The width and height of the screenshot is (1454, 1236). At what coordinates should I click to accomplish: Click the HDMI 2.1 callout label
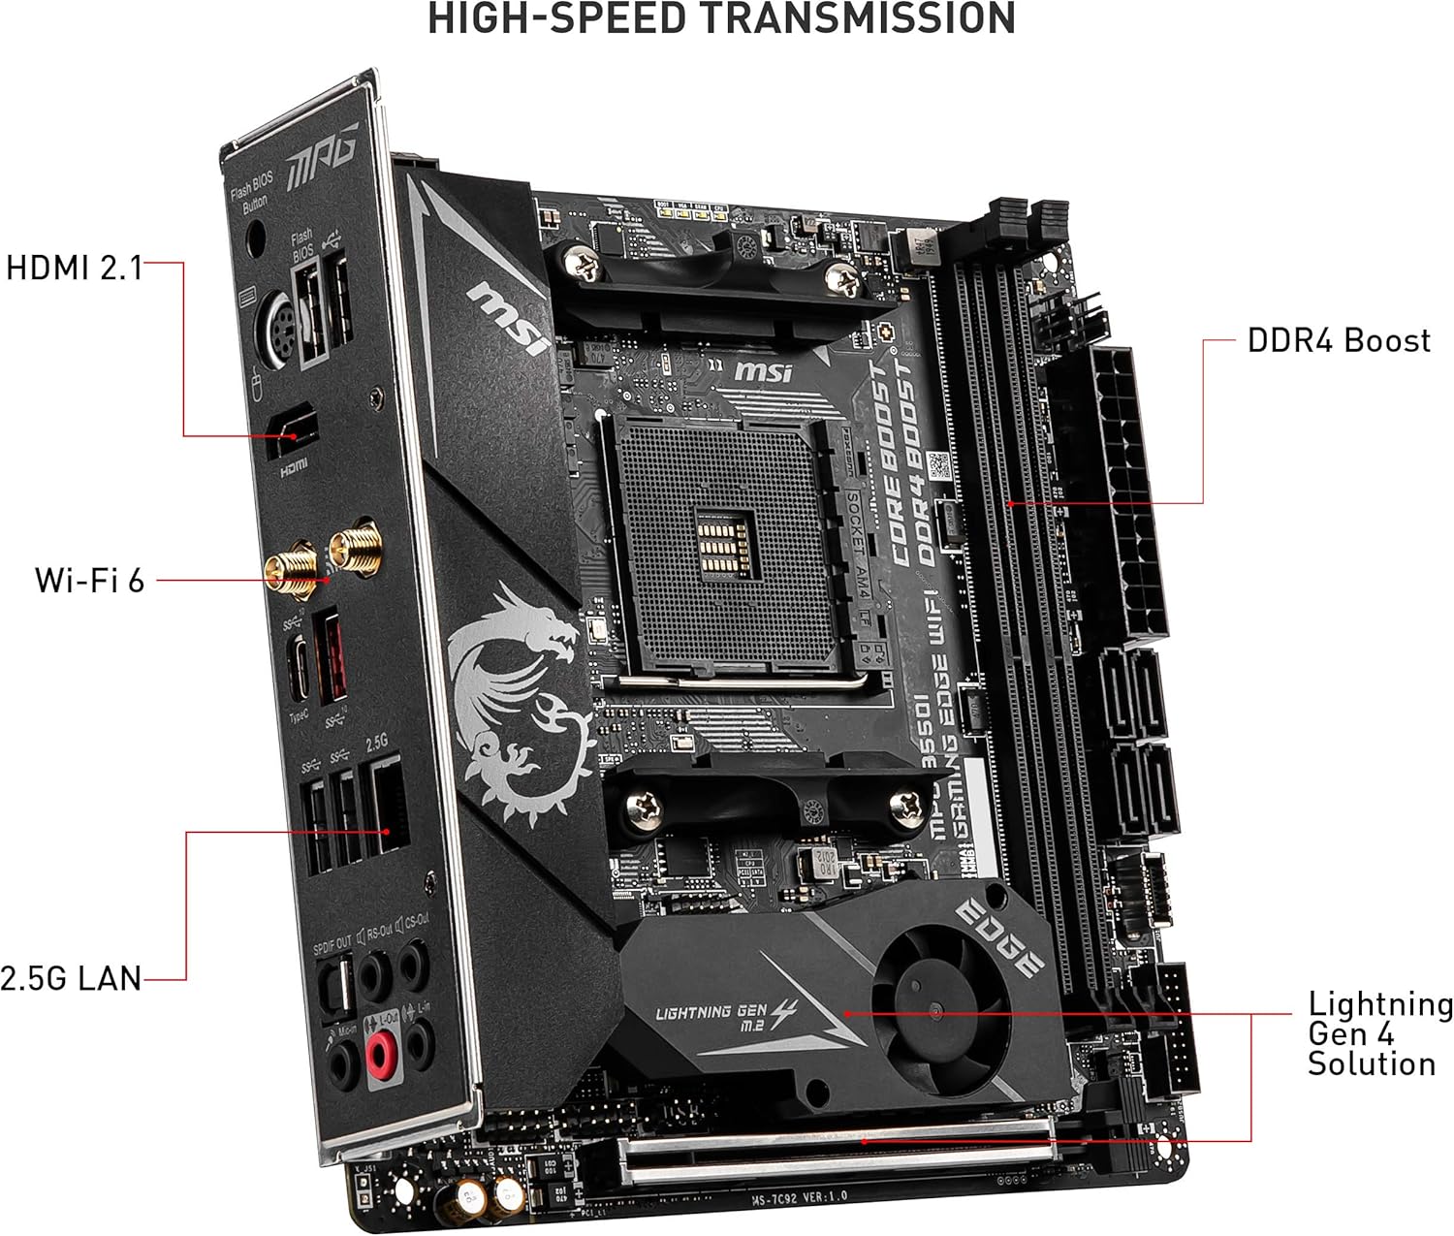coord(74,268)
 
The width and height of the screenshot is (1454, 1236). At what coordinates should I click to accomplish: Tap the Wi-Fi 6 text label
coord(89,580)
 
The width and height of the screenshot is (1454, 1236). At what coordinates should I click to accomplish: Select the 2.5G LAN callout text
coord(71,978)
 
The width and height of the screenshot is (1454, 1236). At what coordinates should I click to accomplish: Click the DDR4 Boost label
coord(1338,340)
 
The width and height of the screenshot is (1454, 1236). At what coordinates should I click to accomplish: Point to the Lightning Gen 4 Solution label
coord(1379,1033)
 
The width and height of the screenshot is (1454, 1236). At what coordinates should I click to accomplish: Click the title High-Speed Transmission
coord(721,19)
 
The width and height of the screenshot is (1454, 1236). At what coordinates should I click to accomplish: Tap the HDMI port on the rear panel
coord(292,429)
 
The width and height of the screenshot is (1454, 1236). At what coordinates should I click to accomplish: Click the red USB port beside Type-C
coord(330,659)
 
